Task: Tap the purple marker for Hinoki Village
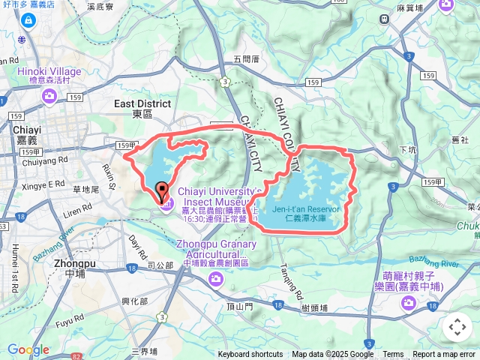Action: tap(49, 95)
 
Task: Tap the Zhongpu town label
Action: tap(75, 268)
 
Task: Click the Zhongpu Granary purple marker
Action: tap(217, 279)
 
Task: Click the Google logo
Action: tap(28, 349)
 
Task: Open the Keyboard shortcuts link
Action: tap(250, 355)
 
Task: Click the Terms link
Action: tap(393, 355)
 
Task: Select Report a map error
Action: tap(445, 355)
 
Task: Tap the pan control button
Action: tap(457, 327)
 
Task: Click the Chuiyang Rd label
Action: tap(46, 160)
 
